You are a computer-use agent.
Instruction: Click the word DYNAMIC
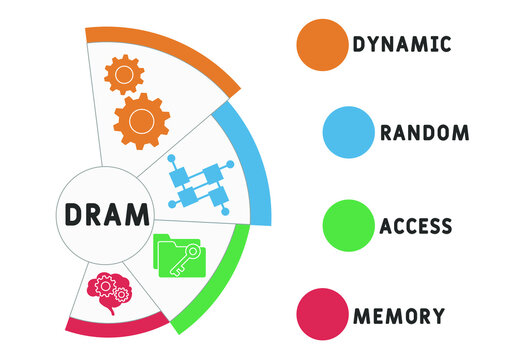401,44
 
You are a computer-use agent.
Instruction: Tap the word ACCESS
415,225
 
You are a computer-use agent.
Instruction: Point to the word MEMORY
398,316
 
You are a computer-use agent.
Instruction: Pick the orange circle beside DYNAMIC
322,42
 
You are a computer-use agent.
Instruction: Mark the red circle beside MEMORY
322,316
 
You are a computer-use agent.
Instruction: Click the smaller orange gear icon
124,73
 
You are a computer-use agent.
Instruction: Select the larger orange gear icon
141,120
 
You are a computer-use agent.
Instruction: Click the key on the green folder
184,262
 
